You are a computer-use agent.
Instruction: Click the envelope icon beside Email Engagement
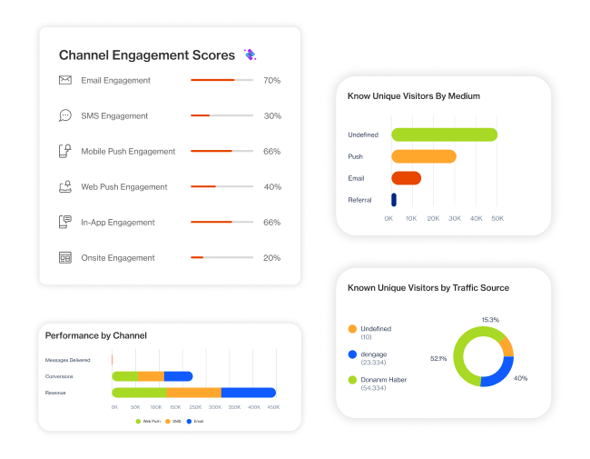65,80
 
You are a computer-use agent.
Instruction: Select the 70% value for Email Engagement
271,81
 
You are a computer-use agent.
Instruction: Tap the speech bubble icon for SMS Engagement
65,115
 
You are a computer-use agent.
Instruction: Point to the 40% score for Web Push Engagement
271,187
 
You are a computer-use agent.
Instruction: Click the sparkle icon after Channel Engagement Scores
250,55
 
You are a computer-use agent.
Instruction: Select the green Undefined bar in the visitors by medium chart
444,135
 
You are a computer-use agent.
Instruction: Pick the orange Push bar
423,156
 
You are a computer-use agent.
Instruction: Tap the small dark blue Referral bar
394,199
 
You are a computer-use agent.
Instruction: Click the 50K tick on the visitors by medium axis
497,219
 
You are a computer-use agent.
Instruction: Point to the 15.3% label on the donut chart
490,320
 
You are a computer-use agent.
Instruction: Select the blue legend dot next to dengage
352,354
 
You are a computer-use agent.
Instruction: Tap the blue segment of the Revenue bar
249,393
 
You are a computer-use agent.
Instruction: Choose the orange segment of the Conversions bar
151,375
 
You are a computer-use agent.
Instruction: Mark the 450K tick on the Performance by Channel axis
271,407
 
